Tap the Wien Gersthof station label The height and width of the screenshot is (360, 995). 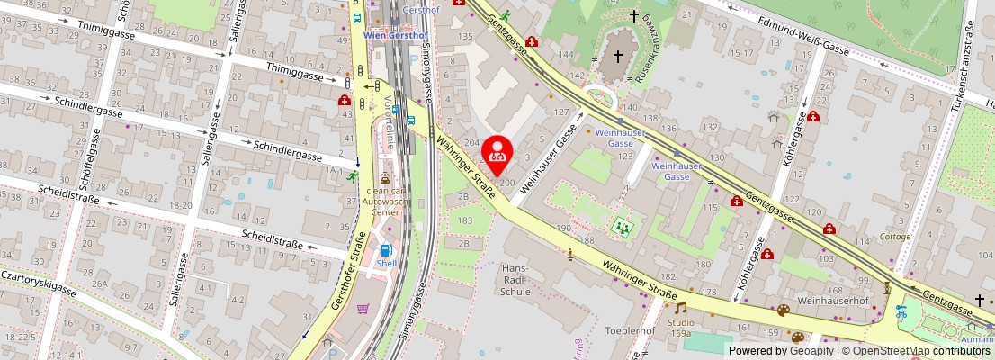(393, 35)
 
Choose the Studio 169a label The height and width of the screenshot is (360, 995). (680, 328)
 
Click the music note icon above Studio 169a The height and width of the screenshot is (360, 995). (681, 308)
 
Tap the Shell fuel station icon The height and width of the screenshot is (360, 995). (386, 250)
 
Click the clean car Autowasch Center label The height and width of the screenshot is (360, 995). (386, 201)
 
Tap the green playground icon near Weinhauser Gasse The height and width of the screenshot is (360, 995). (621, 226)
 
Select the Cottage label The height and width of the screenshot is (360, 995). (894, 238)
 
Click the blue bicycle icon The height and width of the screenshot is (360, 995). (901, 312)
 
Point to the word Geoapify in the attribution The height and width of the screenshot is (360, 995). (811, 351)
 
